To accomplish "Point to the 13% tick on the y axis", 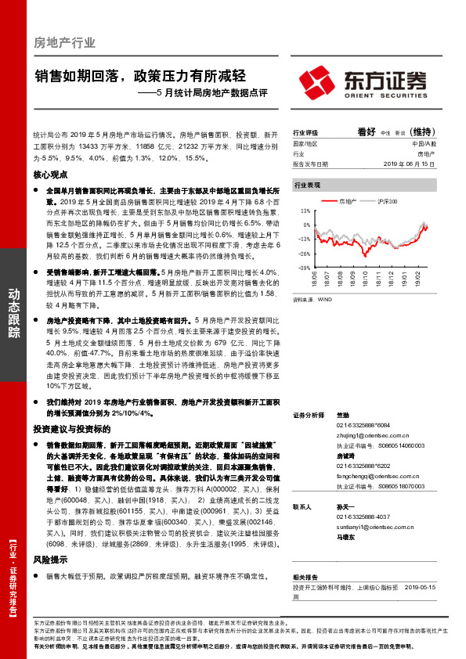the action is tap(304, 211).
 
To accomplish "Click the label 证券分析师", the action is tap(308, 415).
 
